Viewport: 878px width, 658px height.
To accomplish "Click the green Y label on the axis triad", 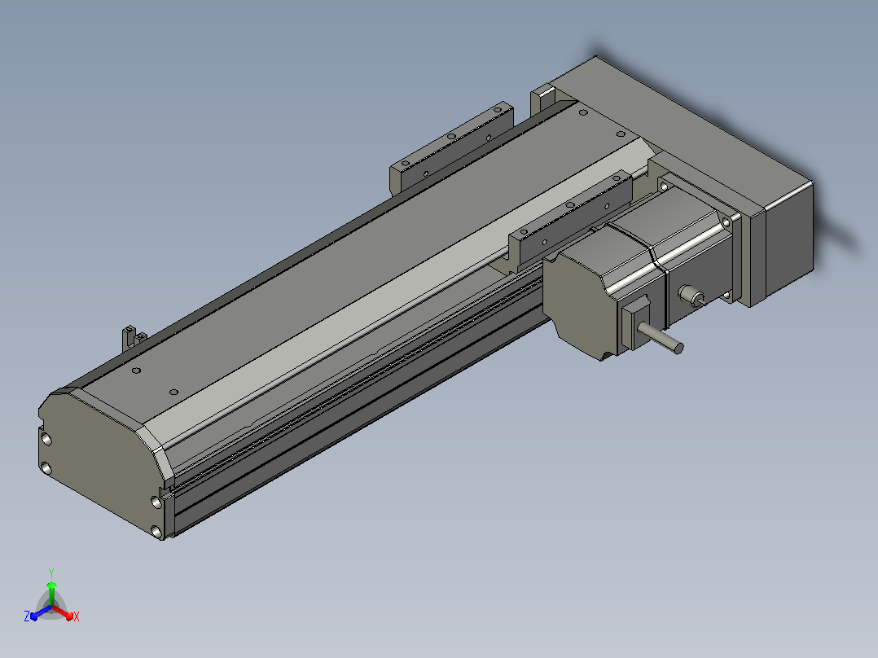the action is coord(51,572).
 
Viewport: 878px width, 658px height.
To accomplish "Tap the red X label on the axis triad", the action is coord(77,616).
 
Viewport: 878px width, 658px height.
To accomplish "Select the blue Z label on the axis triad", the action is coord(27,616).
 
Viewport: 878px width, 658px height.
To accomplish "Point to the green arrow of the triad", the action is coord(51,594).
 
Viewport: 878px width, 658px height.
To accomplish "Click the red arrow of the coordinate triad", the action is coord(63,612).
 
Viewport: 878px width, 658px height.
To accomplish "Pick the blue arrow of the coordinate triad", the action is coord(41,612).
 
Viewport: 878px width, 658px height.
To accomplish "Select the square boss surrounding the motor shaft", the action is coord(635,323).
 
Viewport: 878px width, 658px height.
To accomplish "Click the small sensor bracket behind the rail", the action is coord(133,338).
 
